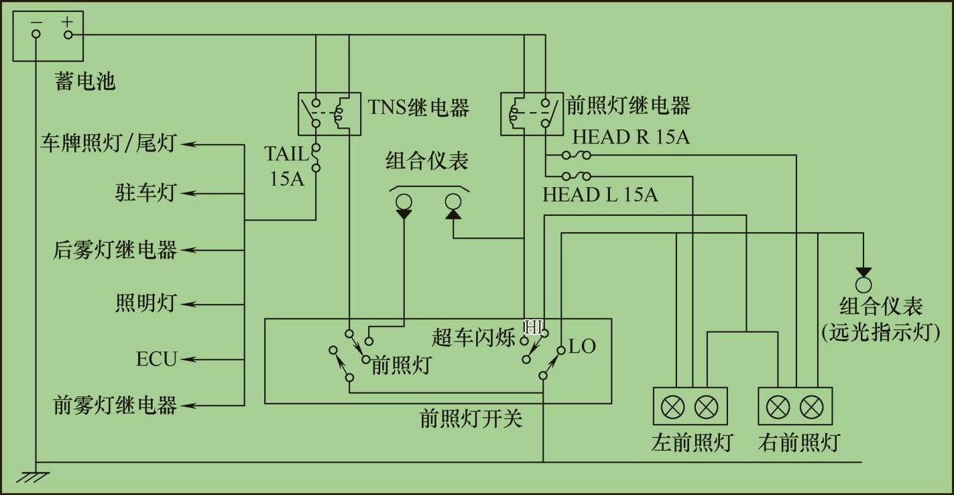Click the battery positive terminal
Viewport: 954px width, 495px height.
point(67,34)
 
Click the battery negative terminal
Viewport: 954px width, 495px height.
point(36,34)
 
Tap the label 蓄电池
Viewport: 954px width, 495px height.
point(85,81)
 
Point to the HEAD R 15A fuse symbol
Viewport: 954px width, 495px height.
point(577,156)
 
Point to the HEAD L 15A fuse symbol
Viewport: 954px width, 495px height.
point(577,177)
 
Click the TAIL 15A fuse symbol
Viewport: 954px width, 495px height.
point(315,158)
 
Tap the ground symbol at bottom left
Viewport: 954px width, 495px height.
point(34,476)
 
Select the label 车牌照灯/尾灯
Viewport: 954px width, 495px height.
point(108,143)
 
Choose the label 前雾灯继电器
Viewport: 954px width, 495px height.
point(115,405)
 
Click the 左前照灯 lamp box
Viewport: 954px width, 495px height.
point(690,406)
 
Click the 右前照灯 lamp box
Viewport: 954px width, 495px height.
point(795,406)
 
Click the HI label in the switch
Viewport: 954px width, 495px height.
point(534,327)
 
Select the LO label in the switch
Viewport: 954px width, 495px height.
point(582,347)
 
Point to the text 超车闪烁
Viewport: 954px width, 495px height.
point(474,337)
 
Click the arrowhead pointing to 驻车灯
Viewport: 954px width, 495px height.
point(188,193)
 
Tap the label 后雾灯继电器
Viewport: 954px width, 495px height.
point(115,250)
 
